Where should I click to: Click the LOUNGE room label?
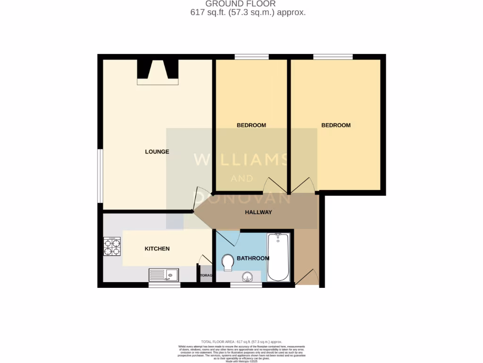pyautogui.click(x=157, y=152)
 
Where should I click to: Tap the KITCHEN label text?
pyautogui.click(x=157, y=249)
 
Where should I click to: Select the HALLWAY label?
pyautogui.click(x=258, y=212)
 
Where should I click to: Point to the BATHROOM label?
pyautogui.click(x=253, y=258)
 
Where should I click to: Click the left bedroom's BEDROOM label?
pyautogui.click(x=251, y=125)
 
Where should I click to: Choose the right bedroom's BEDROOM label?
pyautogui.click(x=336, y=125)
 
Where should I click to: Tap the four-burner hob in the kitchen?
pyautogui.click(x=112, y=246)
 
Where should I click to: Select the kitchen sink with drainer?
pyautogui.click(x=164, y=275)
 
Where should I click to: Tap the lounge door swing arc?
pyautogui.click(x=198, y=199)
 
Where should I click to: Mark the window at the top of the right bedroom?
pyautogui.click(x=333, y=57)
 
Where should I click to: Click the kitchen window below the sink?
pyautogui.click(x=164, y=285)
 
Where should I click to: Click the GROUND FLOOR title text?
pyautogui.click(x=241, y=4)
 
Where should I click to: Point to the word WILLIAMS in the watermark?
pyautogui.click(x=241, y=160)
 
